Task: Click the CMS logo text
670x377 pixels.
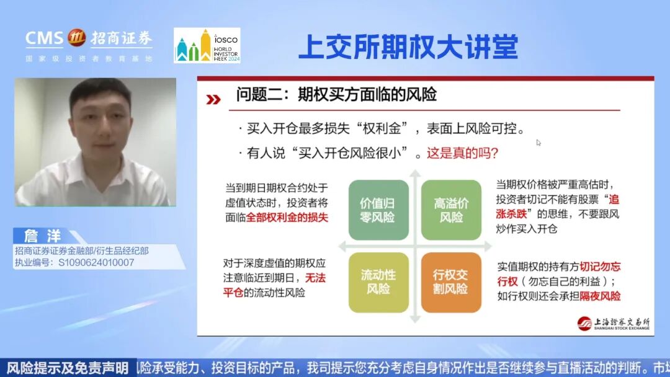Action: click(x=45, y=38)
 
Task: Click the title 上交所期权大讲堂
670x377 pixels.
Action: click(x=408, y=47)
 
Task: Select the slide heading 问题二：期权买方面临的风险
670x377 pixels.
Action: click(x=336, y=94)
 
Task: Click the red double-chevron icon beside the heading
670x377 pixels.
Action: click(x=213, y=99)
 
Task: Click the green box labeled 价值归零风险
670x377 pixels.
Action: click(x=378, y=210)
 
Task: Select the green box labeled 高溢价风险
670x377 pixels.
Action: click(x=451, y=210)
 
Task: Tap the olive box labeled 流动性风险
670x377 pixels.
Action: click(x=378, y=282)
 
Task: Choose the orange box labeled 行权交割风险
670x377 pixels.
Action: click(x=451, y=282)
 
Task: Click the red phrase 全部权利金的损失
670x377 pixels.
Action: click(x=287, y=218)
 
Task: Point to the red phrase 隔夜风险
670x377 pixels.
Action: click(x=600, y=296)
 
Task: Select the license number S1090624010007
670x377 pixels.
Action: click(x=96, y=262)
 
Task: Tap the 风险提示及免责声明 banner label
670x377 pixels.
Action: click(x=67, y=367)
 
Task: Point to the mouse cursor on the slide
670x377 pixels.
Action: click(x=538, y=143)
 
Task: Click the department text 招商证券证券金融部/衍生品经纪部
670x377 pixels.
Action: click(x=81, y=251)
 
